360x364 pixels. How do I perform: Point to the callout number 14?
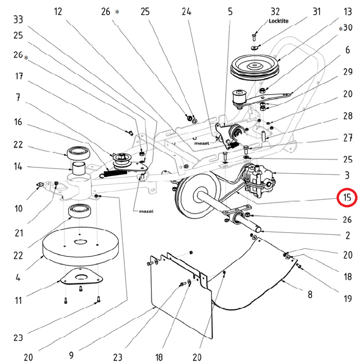(18, 167)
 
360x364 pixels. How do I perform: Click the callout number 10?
(18, 208)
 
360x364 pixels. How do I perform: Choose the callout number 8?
(310, 295)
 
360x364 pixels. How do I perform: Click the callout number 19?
(348, 299)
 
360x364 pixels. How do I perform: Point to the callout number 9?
(71, 354)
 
